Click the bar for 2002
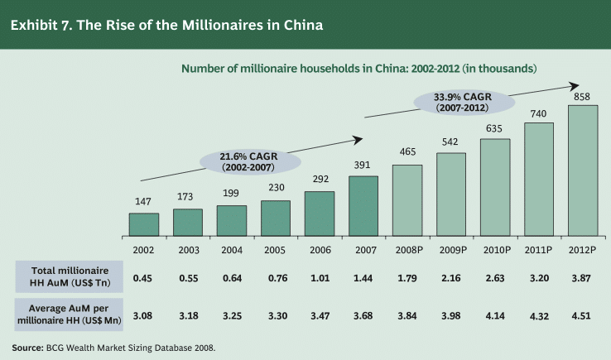tap(143, 223)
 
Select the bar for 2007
tap(363, 204)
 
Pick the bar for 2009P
tap(450, 194)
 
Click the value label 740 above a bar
tap(538, 113)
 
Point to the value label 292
tap(319, 178)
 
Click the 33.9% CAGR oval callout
tap(463, 102)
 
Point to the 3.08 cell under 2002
tap(143, 315)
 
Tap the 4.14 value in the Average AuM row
tap(494, 315)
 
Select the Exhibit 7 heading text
tap(166, 25)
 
